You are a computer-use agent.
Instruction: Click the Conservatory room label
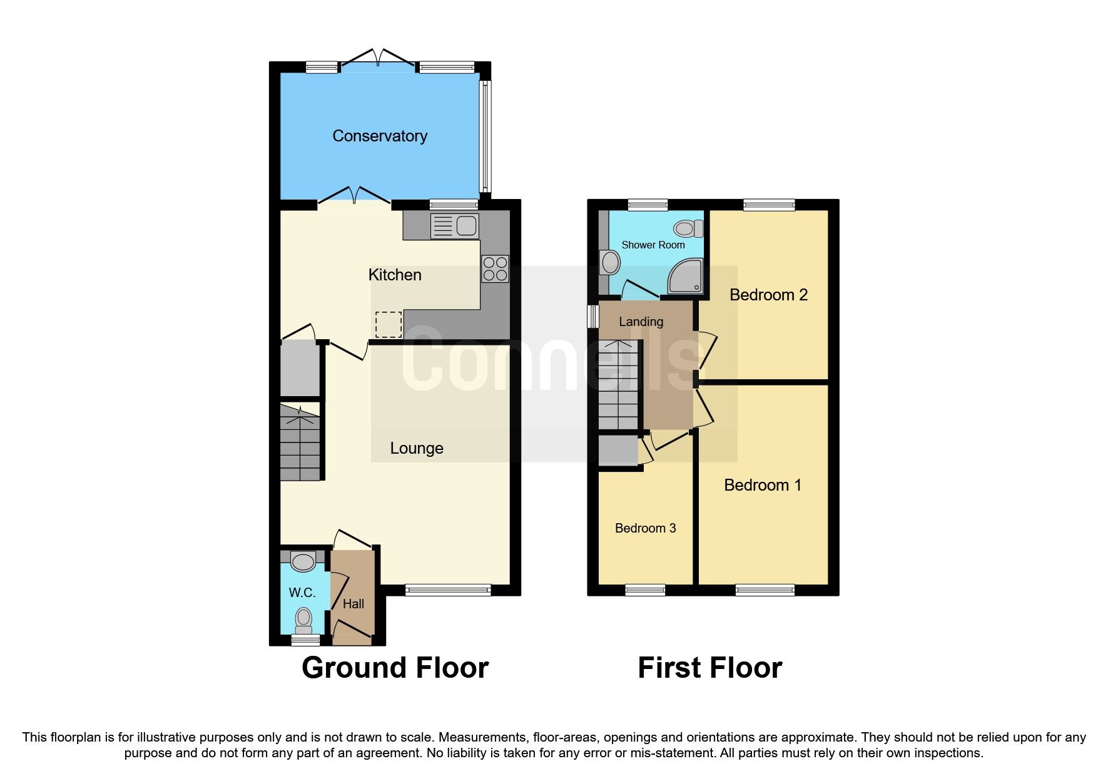point(380,136)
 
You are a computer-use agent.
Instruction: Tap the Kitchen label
point(395,275)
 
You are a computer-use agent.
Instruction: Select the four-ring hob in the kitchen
point(495,269)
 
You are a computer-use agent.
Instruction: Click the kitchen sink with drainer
point(455,226)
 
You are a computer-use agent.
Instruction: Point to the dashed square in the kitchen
point(389,324)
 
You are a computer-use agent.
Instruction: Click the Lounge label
point(417,448)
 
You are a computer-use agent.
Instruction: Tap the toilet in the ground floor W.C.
point(303,619)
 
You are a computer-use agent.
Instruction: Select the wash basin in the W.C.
point(303,561)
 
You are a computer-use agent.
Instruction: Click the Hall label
point(353,604)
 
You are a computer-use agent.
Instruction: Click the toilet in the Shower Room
point(688,228)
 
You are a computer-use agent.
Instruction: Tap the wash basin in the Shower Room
point(609,263)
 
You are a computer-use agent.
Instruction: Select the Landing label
point(641,322)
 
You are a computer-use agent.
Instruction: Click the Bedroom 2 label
point(768,295)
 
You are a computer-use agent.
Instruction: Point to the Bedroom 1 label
point(763,485)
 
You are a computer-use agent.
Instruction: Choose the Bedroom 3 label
point(646,528)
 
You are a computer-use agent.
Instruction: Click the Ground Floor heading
point(395,668)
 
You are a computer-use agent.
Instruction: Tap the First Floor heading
point(709,668)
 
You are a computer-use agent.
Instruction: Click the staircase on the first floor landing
point(618,385)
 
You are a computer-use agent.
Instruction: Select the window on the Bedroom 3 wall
point(645,590)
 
